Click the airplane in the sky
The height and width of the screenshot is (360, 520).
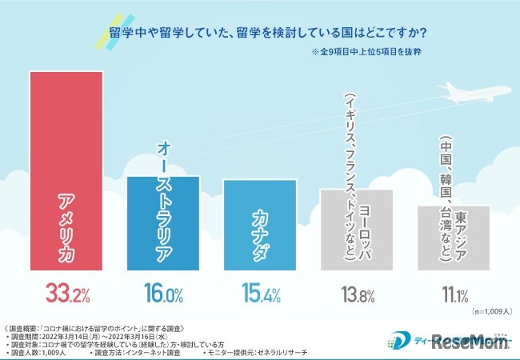click(x=473, y=93)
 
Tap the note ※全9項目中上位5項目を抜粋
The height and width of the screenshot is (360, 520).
click(x=366, y=53)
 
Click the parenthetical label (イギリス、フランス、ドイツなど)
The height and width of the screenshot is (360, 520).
click(x=349, y=176)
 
